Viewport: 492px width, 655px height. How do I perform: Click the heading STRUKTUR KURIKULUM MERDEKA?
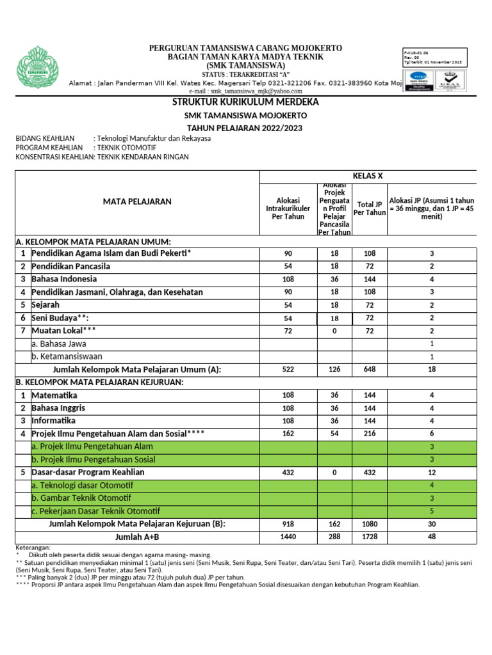(245, 102)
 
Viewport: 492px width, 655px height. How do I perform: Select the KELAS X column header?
(367, 176)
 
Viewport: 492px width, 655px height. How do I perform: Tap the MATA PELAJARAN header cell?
(137, 201)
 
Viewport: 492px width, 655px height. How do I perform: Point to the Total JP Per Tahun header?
(370, 209)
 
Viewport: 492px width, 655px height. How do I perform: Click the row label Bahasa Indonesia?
(65, 279)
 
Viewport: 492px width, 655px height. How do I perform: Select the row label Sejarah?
(45, 305)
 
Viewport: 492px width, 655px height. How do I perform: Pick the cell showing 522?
(288, 370)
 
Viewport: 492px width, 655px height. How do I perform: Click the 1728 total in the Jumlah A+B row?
(370, 537)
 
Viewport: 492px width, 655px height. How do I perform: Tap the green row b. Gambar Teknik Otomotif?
(81, 498)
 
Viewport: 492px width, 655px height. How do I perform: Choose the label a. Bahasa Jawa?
(60, 343)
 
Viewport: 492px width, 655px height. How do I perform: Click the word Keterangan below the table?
(33, 548)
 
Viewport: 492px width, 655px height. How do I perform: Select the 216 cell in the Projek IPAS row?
(370, 434)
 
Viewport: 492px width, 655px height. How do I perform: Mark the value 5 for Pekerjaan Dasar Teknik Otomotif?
(432, 511)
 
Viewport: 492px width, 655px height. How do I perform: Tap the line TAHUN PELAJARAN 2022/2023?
(245, 128)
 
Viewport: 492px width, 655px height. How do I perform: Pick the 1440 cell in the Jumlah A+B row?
(288, 537)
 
